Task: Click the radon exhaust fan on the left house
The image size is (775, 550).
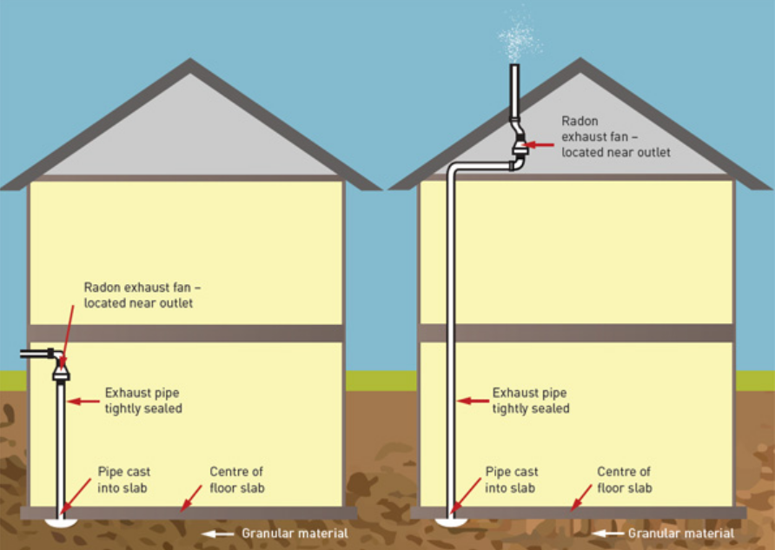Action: click(x=62, y=373)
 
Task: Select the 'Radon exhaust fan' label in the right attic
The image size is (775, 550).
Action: click(x=615, y=136)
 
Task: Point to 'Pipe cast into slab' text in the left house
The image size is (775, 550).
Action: click(x=123, y=480)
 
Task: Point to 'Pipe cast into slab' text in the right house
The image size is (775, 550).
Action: click(x=511, y=480)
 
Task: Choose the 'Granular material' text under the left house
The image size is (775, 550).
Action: click(x=295, y=533)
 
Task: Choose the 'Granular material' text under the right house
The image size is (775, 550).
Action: click(x=681, y=533)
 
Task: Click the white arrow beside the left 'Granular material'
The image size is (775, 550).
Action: click(x=218, y=533)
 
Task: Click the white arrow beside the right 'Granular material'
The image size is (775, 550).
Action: click(x=606, y=533)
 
